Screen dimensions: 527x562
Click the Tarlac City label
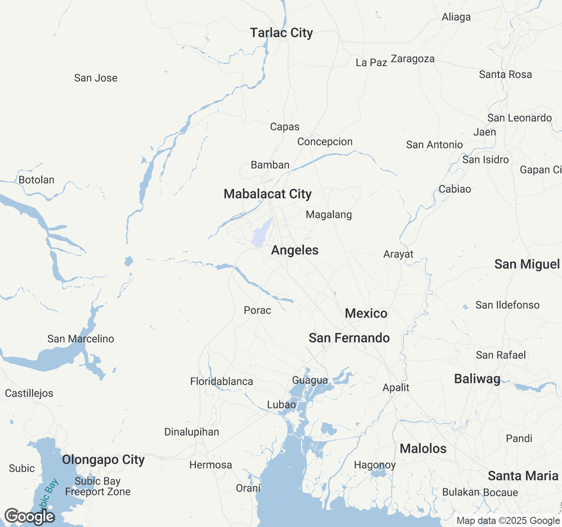tap(281, 33)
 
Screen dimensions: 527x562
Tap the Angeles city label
tap(295, 250)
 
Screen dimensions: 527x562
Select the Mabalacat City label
tap(267, 194)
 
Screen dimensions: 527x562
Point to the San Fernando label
tap(349, 338)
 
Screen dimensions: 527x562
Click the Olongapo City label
tap(103, 460)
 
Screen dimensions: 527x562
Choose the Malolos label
tap(423, 449)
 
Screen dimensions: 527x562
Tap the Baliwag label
tap(477, 379)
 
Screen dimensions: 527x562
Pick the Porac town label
tap(257, 310)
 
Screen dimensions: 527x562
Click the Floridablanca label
tap(221, 382)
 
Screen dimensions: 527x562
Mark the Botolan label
tap(36, 180)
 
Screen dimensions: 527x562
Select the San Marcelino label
tap(81, 339)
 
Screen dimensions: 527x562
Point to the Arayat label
tap(398, 254)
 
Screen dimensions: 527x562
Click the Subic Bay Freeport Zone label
tap(97, 487)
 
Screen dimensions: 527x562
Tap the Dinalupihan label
tap(191, 432)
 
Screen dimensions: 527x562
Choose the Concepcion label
tap(325, 142)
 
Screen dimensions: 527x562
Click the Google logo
tap(29, 517)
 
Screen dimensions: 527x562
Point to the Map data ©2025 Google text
tap(508, 521)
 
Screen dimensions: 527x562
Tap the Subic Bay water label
tap(47, 494)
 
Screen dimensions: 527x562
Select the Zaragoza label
tap(413, 59)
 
